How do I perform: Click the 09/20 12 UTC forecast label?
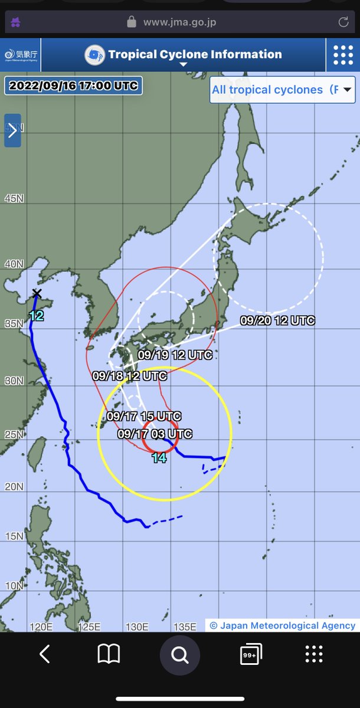(x=277, y=321)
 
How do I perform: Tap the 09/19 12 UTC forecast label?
(x=175, y=355)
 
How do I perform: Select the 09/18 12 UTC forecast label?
(x=130, y=375)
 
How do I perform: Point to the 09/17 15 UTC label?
(x=144, y=417)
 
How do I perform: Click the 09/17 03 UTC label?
(x=155, y=434)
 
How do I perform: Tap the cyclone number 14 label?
(x=159, y=458)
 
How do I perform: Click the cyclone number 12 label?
(x=36, y=316)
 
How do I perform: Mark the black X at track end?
(x=37, y=293)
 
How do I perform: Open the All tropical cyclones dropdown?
(x=282, y=90)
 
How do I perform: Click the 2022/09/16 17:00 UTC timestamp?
(x=73, y=86)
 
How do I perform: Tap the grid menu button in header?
(x=343, y=55)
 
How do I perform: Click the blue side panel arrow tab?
(x=12, y=130)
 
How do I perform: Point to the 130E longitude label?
(x=136, y=627)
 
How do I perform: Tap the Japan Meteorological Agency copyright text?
(x=282, y=625)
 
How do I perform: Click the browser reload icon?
(x=343, y=22)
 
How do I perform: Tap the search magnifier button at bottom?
(x=179, y=654)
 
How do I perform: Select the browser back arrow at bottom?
(x=44, y=654)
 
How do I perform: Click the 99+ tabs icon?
(x=251, y=654)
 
